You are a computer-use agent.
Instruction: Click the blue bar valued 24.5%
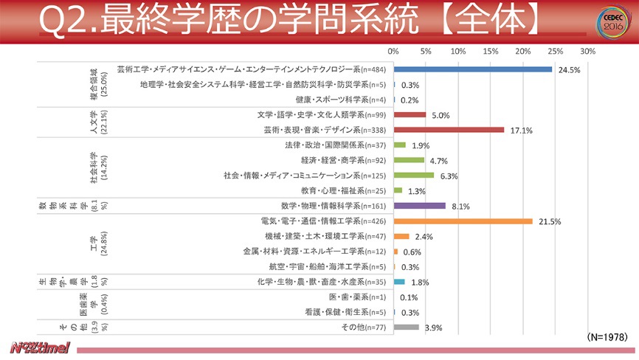pyautogui.click(x=472, y=69)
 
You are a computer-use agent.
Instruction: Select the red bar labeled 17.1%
pyautogui.click(x=449, y=130)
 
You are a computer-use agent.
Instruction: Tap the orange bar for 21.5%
pyautogui.click(x=463, y=221)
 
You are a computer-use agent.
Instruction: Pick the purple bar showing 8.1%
pyautogui.click(x=419, y=206)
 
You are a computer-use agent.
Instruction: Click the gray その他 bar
pyautogui.click(x=406, y=327)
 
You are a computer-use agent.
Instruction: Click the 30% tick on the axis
pyautogui.click(x=588, y=52)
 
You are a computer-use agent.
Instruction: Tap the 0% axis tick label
pyautogui.click(x=393, y=52)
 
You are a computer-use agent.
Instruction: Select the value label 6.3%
pyautogui.click(x=449, y=176)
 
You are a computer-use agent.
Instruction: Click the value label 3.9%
pyautogui.click(x=435, y=328)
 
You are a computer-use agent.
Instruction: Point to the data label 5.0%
pyautogui.click(x=441, y=116)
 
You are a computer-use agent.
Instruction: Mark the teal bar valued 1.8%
pyautogui.click(x=399, y=282)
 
